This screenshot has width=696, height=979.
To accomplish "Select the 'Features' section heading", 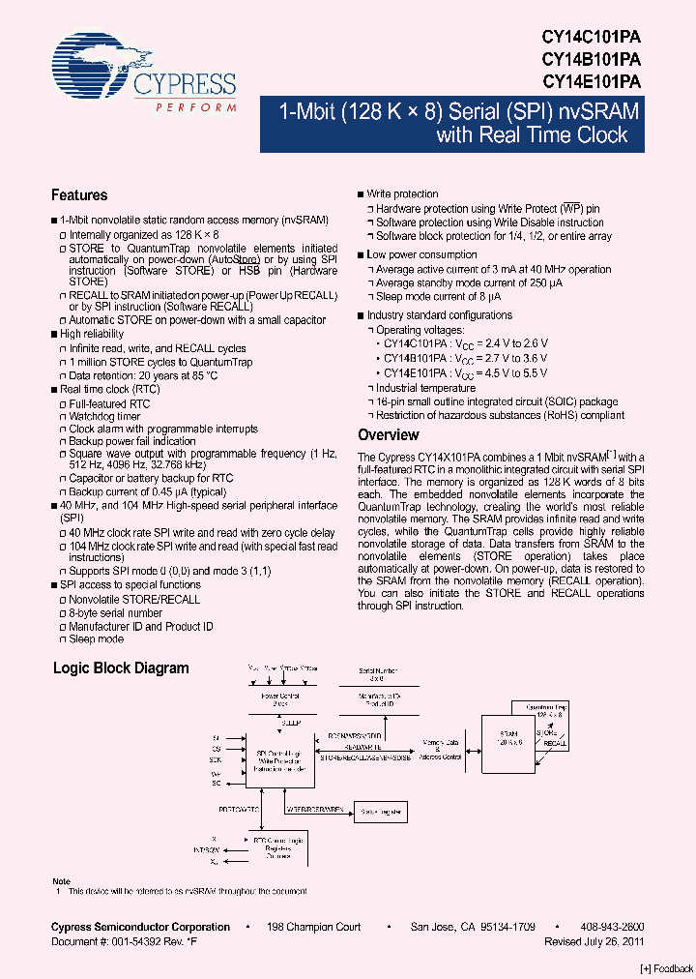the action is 79,195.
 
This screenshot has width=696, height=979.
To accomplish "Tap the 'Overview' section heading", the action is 388,435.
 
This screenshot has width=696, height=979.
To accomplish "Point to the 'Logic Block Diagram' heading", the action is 121,668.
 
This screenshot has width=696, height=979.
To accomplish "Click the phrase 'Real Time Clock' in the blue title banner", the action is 533,135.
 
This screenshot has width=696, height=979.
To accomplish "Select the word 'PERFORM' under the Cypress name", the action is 196,106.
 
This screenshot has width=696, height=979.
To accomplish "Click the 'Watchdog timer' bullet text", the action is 104,416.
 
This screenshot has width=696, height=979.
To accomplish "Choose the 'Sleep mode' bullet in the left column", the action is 96,639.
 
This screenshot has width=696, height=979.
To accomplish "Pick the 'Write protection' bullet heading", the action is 402,194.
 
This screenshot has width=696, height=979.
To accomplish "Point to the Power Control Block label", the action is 280,699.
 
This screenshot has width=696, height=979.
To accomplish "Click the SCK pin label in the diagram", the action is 216,760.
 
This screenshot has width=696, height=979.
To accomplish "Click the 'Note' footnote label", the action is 61,881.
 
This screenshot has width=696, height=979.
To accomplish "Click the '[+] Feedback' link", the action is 666,969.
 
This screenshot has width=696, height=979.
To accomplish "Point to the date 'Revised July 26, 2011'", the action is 594,941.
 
